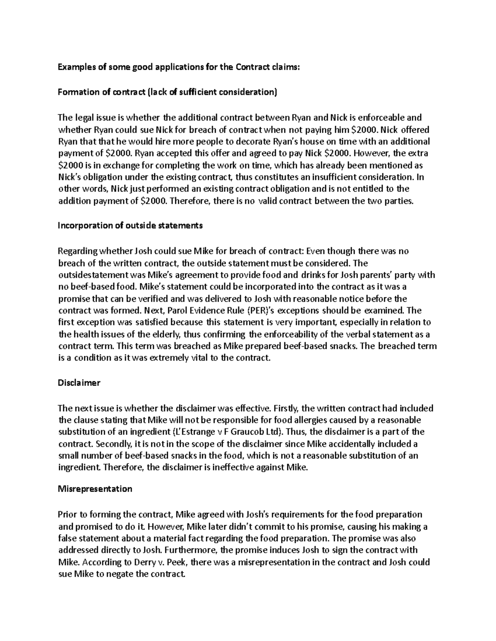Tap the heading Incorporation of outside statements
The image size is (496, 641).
pos(130,225)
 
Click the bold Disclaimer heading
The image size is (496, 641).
pos(79,383)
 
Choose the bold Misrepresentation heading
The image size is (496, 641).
pos(95,489)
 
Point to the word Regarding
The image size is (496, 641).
pos(76,251)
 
